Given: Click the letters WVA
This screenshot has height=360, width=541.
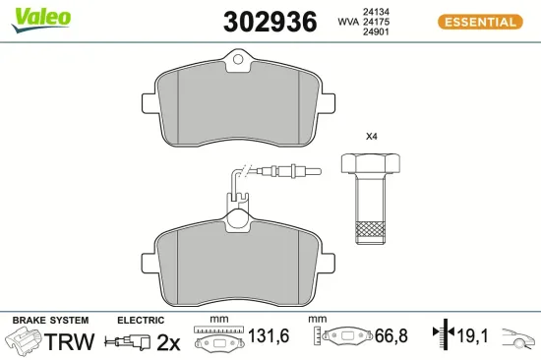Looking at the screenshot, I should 347,21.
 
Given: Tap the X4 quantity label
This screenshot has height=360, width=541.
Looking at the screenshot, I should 372,136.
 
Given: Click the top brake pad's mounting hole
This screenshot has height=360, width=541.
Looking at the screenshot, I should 238,64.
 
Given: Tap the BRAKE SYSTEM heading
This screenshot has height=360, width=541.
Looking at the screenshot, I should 50,321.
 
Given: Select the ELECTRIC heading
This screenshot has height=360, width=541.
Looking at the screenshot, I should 142,321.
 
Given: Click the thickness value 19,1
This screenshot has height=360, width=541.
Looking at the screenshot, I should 471,337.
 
